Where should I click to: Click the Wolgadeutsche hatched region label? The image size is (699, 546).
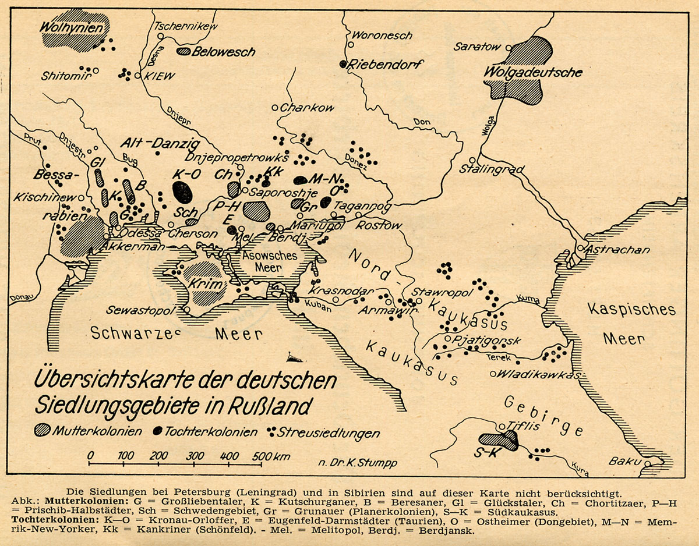point(533,72)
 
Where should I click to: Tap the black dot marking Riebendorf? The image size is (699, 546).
point(344,64)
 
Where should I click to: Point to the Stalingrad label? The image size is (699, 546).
point(492,169)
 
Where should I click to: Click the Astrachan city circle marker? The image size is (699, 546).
point(581,249)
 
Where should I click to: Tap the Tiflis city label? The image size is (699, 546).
point(520,426)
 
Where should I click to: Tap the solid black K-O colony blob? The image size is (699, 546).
point(182,192)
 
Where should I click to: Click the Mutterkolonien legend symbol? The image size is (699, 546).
point(43,431)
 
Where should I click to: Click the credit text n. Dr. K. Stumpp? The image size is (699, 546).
point(358,463)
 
